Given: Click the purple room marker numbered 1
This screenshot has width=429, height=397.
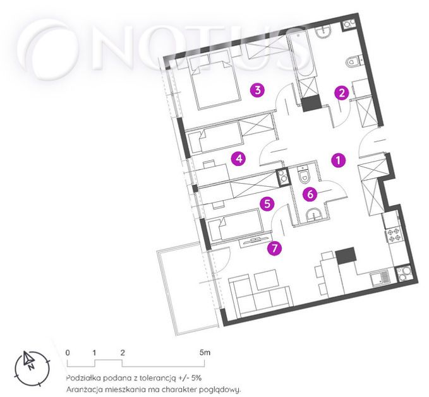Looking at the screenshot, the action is pyautogui.click(x=339, y=160).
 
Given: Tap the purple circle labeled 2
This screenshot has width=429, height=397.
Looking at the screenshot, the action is pyautogui.click(x=341, y=93).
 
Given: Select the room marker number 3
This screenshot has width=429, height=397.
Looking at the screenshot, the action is pyautogui.click(x=257, y=90).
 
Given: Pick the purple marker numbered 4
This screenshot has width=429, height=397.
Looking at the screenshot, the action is pyautogui.click(x=239, y=158).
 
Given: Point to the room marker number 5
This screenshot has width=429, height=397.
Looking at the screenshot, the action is pyautogui.click(x=267, y=204).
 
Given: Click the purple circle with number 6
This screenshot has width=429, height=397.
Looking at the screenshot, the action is pyautogui.click(x=310, y=194).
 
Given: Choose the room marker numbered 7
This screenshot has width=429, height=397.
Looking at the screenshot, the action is pyautogui.click(x=275, y=248).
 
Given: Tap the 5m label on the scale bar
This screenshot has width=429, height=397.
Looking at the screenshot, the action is pyautogui.click(x=205, y=352).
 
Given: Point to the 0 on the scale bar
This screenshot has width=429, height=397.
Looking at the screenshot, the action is pyautogui.click(x=68, y=353).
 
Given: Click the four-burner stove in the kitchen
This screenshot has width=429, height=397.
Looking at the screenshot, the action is pyautogui.click(x=394, y=235).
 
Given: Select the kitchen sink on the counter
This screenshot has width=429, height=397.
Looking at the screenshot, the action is pyautogui.click(x=380, y=278).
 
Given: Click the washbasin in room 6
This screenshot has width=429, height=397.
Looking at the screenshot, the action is pyautogui.click(x=314, y=215).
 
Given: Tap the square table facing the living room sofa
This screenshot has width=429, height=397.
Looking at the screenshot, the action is pyautogui.click(x=266, y=279).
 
